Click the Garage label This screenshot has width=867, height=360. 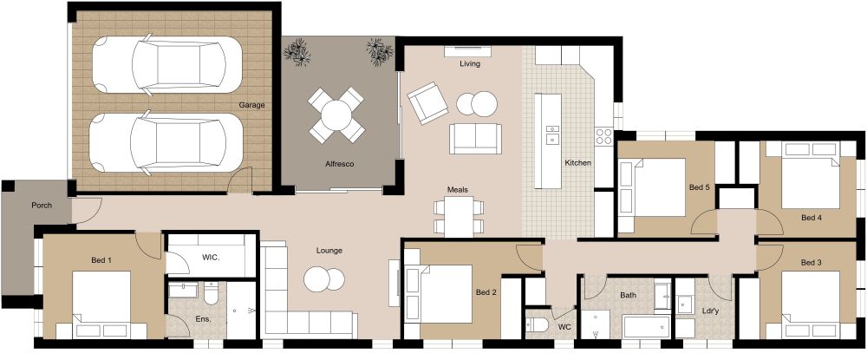252,105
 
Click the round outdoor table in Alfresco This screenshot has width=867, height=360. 337,113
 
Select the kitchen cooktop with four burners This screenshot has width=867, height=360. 604,135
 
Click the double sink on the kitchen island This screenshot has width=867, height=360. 552,134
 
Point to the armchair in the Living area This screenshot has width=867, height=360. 426,102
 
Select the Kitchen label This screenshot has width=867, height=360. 577,163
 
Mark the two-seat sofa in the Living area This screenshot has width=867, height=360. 475,137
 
